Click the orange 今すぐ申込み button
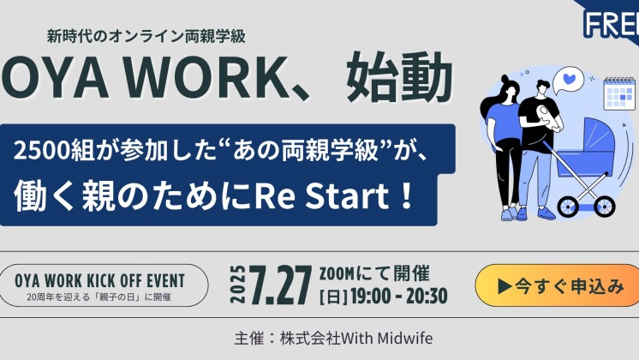pyautogui.click(x=557, y=285)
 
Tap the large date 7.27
pyautogui.click(x=281, y=285)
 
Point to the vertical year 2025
pyautogui.click(x=238, y=285)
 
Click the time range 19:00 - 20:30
pyautogui.click(x=399, y=297)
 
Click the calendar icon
pyautogui.click(x=619, y=93)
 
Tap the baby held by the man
pyautogui.click(x=546, y=117)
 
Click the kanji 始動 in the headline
pyautogui.click(x=399, y=77)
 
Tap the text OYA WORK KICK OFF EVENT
pyautogui.click(x=100, y=281)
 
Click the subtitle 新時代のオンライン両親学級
pyautogui.click(x=146, y=37)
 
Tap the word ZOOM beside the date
pyautogui.click(x=337, y=274)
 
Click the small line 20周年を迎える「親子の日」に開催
pyautogui.click(x=99, y=297)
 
